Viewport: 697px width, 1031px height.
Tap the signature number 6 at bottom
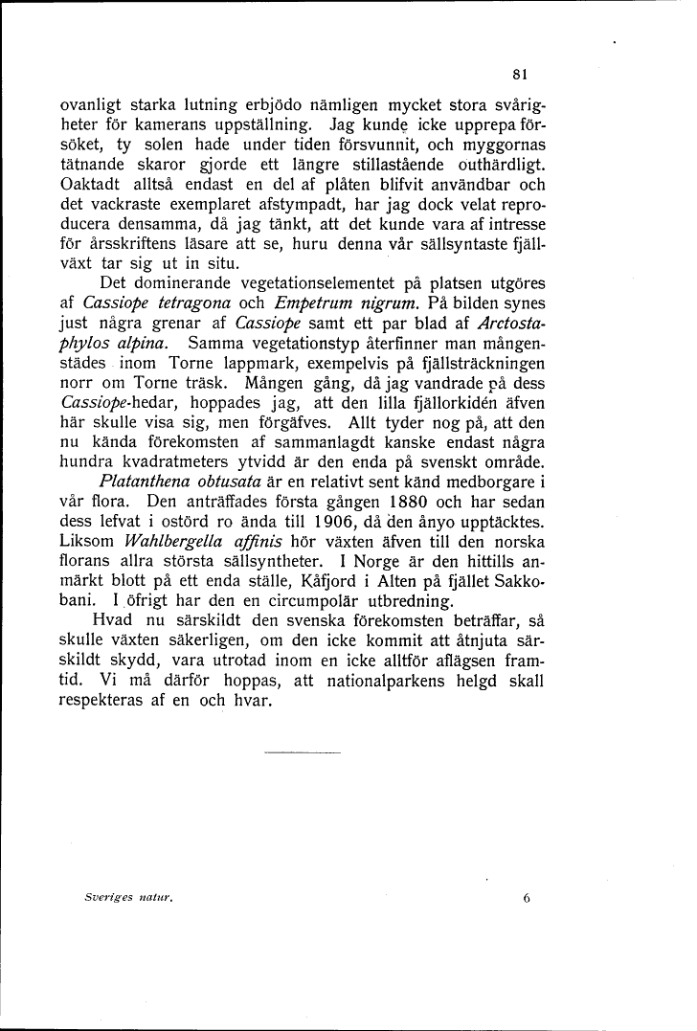click(527, 898)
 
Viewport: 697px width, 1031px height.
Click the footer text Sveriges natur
click(140, 898)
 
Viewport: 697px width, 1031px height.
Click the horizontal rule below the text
click(302, 752)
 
